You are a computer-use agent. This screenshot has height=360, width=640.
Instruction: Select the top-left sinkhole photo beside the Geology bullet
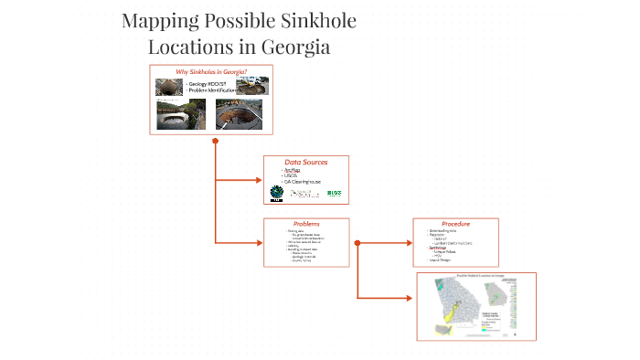pyautogui.click(x=167, y=87)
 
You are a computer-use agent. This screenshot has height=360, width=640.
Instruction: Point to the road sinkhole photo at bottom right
pyautogui.click(x=232, y=116)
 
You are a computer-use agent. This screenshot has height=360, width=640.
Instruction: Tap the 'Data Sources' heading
pyautogui.click(x=306, y=163)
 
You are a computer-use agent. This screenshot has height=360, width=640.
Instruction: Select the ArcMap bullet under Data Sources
pyautogui.click(x=292, y=170)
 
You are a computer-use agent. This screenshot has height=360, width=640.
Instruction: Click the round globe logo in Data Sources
pyautogui.click(x=276, y=193)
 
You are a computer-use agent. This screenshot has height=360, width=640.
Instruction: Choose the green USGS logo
pyautogui.click(x=334, y=193)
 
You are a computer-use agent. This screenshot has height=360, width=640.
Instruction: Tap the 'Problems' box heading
pyautogui.click(x=306, y=224)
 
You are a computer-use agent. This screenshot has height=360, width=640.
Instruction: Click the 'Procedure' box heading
pyautogui.click(x=455, y=224)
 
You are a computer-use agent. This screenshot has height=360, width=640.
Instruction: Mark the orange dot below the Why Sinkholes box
pyautogui.click(x=215, y=142)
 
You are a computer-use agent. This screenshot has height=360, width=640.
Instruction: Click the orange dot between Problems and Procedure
pyautogui.click(x=357, y=243)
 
